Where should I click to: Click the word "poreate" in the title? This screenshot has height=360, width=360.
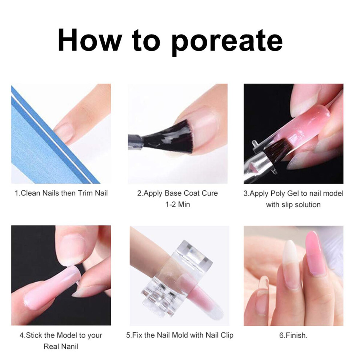point(227,41)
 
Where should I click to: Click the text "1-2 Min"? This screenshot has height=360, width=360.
point(178,204)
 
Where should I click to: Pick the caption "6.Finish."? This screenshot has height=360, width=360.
point(293,335)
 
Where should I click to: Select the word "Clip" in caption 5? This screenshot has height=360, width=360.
point(227,335)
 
